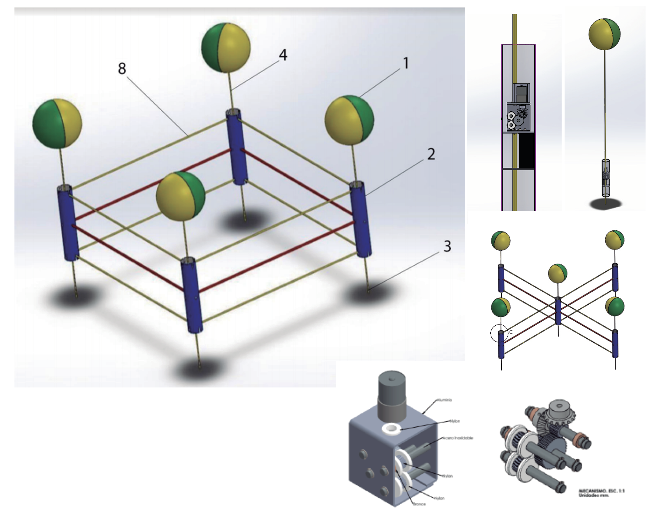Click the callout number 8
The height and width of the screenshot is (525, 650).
(122, 68)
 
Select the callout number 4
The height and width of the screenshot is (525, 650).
(283, 55)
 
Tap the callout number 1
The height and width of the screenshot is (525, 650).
(406, 63)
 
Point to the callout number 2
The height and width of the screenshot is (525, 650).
(431, 154)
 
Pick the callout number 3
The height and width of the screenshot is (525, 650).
(447, 246)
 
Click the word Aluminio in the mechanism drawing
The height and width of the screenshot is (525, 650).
(444, 400)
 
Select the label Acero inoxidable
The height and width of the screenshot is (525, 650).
(458, 438)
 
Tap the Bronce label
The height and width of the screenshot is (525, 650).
(419, 504)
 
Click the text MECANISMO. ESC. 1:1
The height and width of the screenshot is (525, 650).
(601, 491)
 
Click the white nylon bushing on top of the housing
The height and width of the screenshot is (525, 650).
(392, 429)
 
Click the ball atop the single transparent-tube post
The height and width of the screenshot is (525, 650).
(604, 34)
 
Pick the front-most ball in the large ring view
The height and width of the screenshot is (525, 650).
(180, 196)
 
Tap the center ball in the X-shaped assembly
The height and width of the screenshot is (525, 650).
(558, 274)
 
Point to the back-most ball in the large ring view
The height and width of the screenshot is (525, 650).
(226, 48)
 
